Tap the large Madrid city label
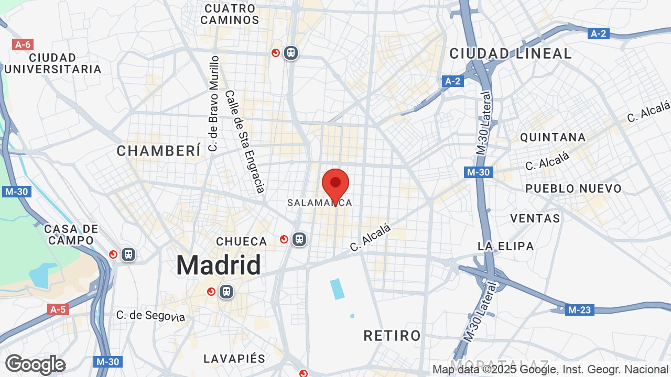coord(218,265)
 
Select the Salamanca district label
coord(319,202)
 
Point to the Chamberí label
coord(159,151)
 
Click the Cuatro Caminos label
coord(230,14)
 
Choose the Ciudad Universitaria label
coord(52,63)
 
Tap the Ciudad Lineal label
coord(510,53)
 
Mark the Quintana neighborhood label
coord(553,137)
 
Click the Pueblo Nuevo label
coord(573,188)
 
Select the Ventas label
coord(535,218)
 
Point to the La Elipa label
coord(505,246)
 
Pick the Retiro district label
coord(392,335)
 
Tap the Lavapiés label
coord(234,359)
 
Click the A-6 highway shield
coord(23,45)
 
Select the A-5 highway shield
coord(58,309)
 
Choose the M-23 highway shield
coord(579,310)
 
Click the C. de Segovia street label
coord(150,316)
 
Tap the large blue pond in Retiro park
coord(338,289)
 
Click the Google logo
coord(35,364)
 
